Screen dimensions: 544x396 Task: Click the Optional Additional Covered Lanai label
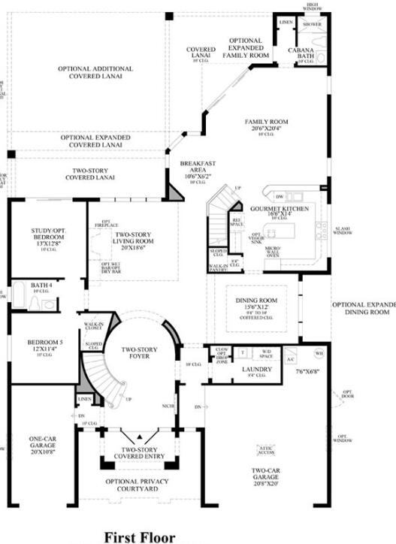95,72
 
